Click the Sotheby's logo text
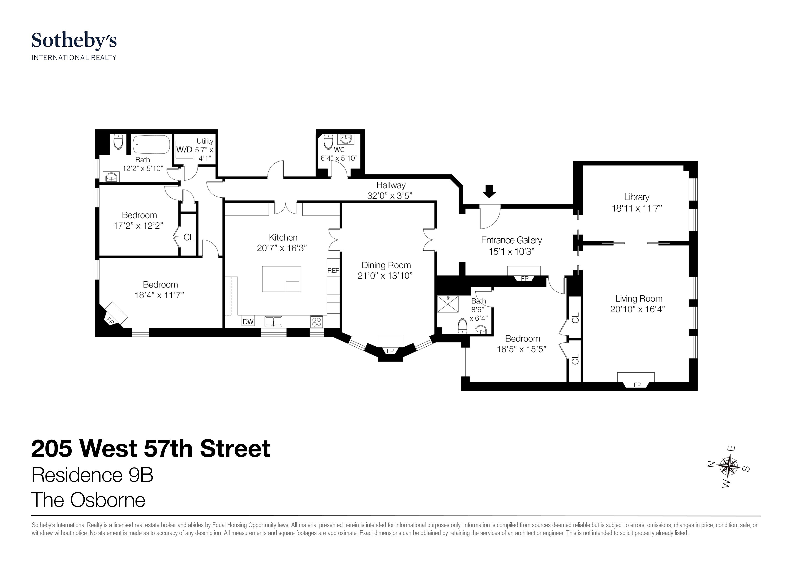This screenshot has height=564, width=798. tap(74, 41)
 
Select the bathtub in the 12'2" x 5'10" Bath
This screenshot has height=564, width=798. tap(152, 145)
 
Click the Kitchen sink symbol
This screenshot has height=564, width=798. tap(273, 321)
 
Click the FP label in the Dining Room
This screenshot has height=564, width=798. tap(390, 351)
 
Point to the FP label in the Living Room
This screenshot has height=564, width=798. tap(637, 385)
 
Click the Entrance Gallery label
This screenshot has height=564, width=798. tap(511, 240)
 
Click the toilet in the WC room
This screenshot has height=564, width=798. tap(328, 141)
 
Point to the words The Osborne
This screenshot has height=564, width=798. tap(88, 500)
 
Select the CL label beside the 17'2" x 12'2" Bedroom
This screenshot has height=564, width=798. tap(189, 237)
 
